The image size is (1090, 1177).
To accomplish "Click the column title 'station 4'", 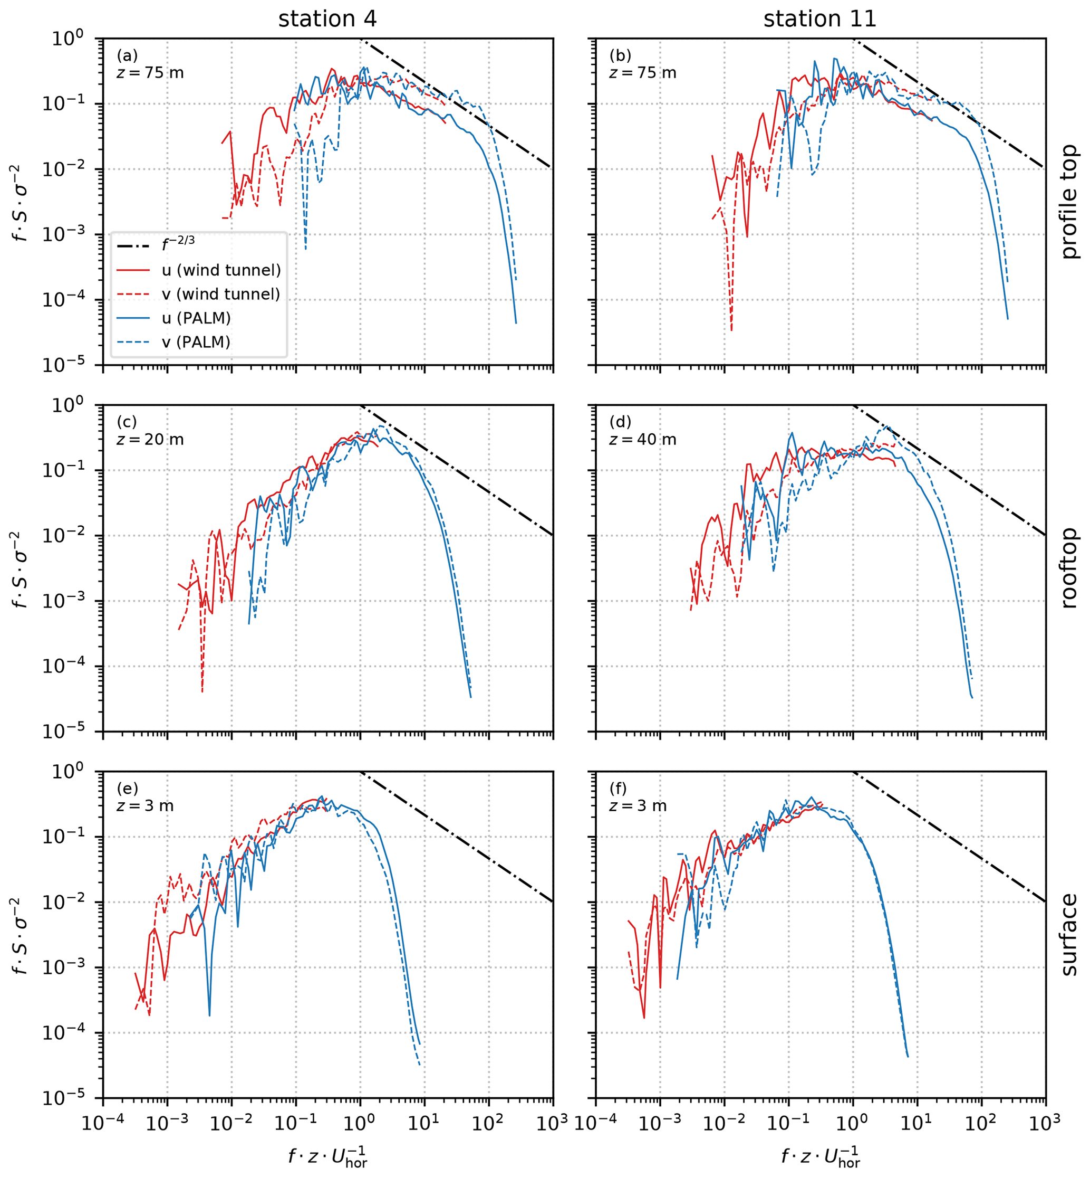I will [327, 20].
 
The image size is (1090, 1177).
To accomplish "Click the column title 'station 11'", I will [819, 20].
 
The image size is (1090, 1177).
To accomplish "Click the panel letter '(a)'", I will [127, 55].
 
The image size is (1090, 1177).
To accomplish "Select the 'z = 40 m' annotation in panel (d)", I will [643, 440].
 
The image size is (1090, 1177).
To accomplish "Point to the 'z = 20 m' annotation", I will [150, 440].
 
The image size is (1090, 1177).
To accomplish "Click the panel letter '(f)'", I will [618, 788].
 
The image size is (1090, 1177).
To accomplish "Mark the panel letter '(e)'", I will [127, 788].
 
